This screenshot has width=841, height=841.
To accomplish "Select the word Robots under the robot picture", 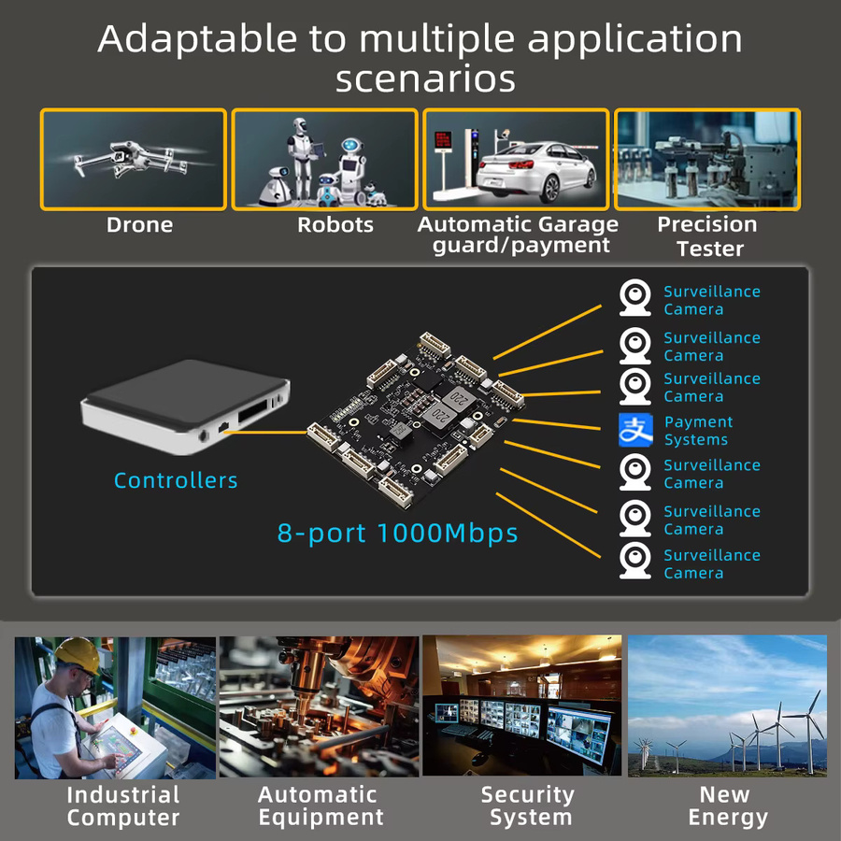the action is pyautogui.click(x=335, y=224).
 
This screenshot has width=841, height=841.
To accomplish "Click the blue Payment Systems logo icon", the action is pyautogui.click(x=635, y=430).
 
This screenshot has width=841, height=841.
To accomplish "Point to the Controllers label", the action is pyautogui.click(x=176, y=480).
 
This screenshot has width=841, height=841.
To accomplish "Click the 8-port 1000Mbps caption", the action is pyautogui.click(x=397, y=534).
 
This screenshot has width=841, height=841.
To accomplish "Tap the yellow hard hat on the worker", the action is pyautogui.click(x=78, y=654).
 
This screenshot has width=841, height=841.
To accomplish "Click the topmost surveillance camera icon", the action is pyautogui.click(x=635, y=297).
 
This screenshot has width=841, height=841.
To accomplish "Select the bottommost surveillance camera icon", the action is pyautogui.click(x=635, y=561).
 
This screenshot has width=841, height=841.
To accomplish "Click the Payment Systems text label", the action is pyautogui.click(x=698, y=431).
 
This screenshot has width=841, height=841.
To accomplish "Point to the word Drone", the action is pyautogui.click(x=139, y=224).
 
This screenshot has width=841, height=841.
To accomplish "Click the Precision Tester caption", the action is pyautogui.click(x=708, y=236).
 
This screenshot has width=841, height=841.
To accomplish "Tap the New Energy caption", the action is pyautogui.click(x=727, y=806).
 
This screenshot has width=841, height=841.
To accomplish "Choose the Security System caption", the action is pyautogui.click(x=528, y=806).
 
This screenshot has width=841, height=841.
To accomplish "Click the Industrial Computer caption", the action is pyautogui.click(x=122, y=806).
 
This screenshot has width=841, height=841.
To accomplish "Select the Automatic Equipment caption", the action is pyautogui.click(x=321, y=806).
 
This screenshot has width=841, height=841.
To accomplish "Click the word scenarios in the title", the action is pyautogui.click(x=425, y=78).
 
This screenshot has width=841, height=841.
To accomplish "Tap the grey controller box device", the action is pyautogui.click(x=185, y=406).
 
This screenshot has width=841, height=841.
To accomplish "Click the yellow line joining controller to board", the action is pyautogui.click(x=265, y=432).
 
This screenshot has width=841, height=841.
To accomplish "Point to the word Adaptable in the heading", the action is pyautogui.click(x=197, y=39).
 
